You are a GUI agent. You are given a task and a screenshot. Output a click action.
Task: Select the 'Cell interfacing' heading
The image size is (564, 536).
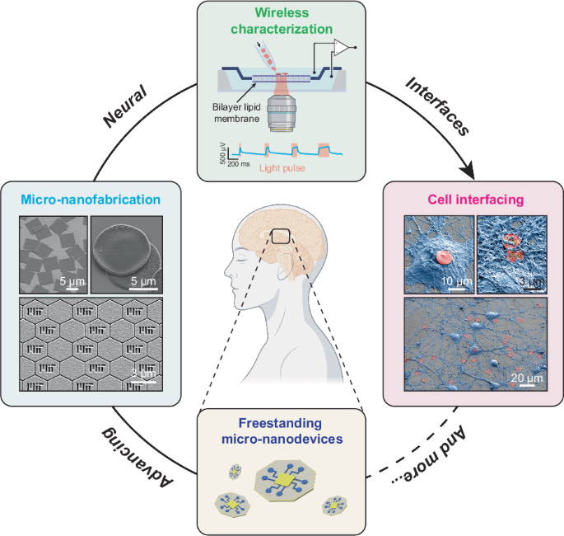[x=473, y=199]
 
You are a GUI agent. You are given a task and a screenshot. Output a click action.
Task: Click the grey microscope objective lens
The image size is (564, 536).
[x=283, y=113]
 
